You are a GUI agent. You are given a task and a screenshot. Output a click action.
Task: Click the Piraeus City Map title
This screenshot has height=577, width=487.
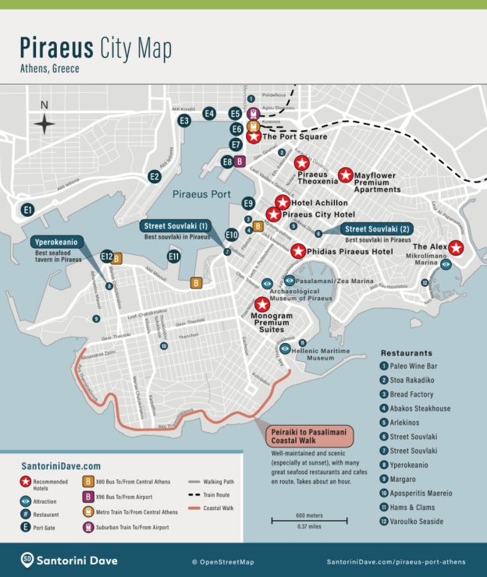point(96,48)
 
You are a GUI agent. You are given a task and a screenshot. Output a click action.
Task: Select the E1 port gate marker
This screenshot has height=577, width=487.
point(28,210)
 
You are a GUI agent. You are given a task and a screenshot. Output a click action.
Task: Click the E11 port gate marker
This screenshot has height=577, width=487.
point(174,256)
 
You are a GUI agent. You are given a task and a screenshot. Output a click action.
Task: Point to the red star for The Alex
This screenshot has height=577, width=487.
point(457,248)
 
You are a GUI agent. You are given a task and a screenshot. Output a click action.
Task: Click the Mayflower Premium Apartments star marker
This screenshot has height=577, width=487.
point(345,175)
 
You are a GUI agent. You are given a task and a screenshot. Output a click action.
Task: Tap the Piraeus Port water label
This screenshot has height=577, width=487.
point(201,194)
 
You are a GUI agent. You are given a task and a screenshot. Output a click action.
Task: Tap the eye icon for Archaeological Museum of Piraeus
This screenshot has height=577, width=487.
point(267,284)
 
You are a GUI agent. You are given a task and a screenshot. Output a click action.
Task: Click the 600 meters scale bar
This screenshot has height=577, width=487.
point(298,519)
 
